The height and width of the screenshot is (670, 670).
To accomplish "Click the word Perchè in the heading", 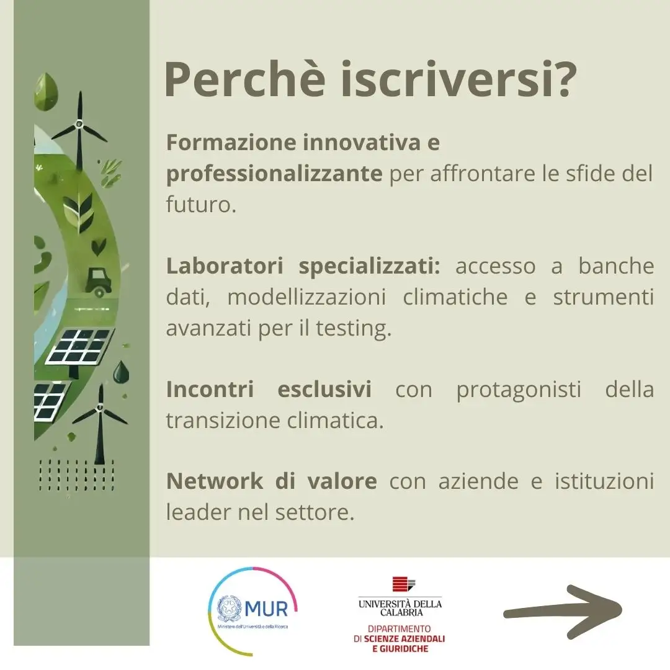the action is (245, 79).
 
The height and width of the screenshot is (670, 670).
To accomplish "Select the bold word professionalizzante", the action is (274, 174).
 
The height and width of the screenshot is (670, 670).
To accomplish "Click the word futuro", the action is (201, 204).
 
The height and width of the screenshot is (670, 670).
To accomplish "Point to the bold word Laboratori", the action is (225, 266).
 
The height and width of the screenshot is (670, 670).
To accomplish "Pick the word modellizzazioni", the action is (306, 297).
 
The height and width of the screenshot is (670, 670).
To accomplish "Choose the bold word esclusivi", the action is (324, 389).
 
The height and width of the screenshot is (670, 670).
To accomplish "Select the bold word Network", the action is (215, 481).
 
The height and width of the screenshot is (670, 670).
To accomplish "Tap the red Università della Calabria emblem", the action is (404, 584).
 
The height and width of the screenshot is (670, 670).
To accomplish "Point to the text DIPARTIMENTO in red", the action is (399, 628).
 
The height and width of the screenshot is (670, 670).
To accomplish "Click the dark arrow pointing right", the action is (563, 612).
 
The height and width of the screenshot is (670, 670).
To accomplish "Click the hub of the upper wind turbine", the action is (79, 124).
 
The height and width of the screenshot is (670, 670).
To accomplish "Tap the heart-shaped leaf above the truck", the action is (99, 246).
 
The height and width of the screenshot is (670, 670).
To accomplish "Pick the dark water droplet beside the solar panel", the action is (120, 372).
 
